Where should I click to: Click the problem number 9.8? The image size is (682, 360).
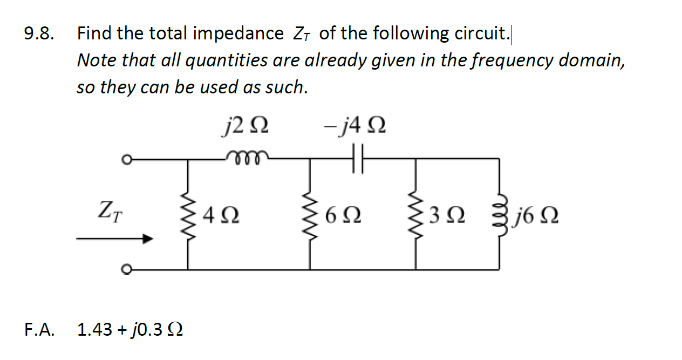(39, 34)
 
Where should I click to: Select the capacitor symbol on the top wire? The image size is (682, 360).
(358, 159)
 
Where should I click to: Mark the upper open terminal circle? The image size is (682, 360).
(125, 159)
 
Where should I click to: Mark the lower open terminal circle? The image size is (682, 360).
(125, 268)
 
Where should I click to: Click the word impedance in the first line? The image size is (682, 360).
(238, 34)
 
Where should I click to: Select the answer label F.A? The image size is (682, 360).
(39, 329)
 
